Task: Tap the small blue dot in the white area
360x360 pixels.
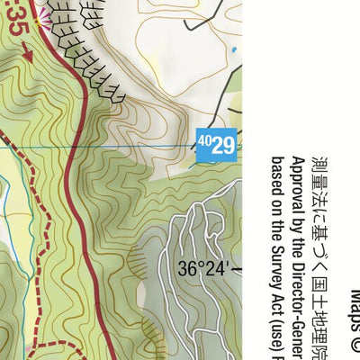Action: pos(234,50)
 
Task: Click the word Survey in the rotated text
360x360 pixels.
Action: pos(275,275)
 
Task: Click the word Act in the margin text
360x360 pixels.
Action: pos(275,307)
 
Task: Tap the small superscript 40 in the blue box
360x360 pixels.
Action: pos(204,140)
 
